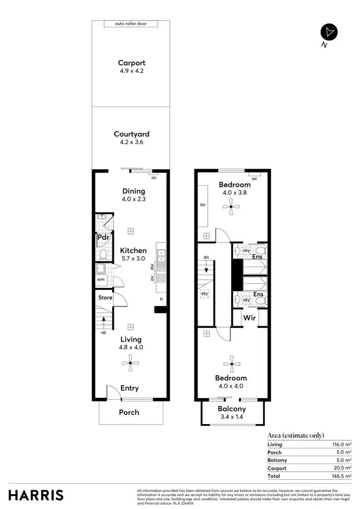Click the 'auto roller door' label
tap(131, 24)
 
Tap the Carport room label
tap(132, 63)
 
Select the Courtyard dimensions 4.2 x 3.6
tap(132, 142)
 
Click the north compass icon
tap(329, 32)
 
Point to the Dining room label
tap(133, 191)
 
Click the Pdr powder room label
tap(103, 237)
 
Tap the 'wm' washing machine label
tap(101, 279)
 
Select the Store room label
tap(105, 297)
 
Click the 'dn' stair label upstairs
tap(205, 258)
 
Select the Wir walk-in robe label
tap(249, 318)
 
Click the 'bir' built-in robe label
tap(203, 204)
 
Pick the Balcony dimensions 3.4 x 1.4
tap(232, 416)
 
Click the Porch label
tap(129, 412)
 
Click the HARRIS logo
tap(36, 495)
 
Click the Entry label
tap(129, 388)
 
